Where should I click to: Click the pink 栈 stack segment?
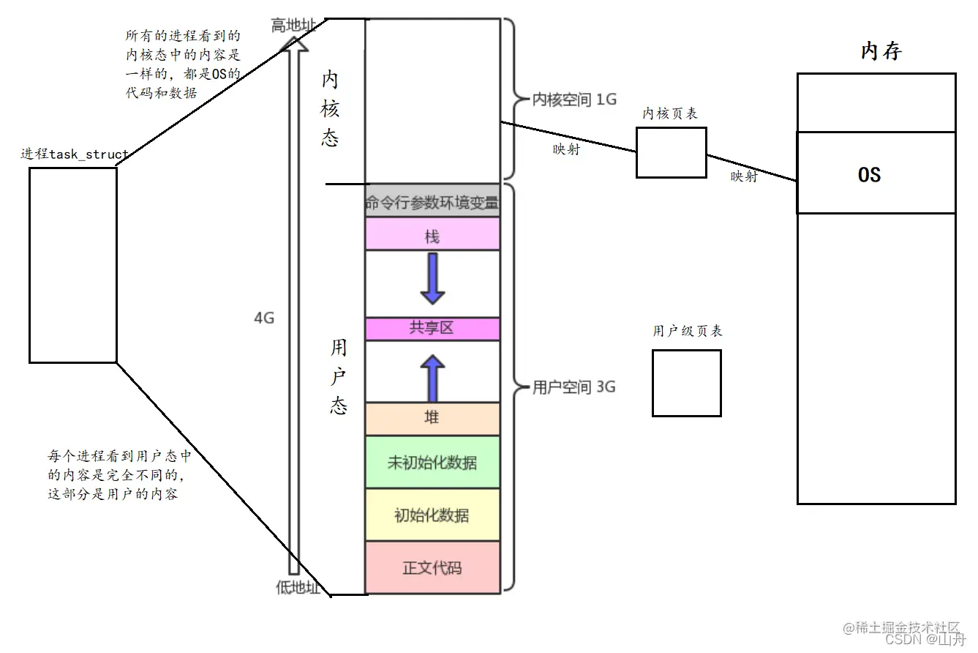pos(432,236)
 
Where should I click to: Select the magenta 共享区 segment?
pos(432,329)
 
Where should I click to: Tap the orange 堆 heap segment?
pos(432,418)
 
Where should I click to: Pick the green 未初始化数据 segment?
pos(432,463)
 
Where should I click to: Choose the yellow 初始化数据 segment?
pos(432,515)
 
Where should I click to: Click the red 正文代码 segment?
pos(432,567)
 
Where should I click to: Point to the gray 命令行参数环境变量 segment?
pos(432,203)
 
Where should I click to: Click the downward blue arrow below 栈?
pos(432,279)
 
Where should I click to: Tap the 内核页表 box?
pos(671,152)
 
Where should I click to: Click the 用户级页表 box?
pos(686,383)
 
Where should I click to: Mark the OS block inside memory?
pos(876,173)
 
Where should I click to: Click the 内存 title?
pos(881,51)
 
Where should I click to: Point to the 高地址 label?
pos(293,26)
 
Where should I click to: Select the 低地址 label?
pos(298,588)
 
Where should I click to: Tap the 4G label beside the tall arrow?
pos(264,318)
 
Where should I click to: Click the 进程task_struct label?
pos(75,154)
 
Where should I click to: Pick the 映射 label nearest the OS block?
pos(744,177)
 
